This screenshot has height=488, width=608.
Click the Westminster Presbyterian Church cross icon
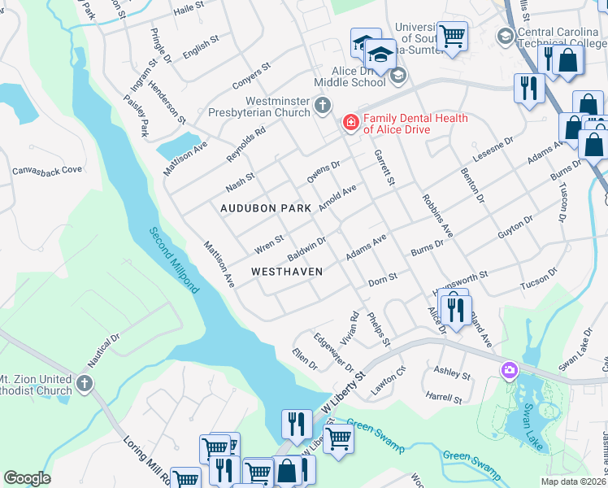(x=323, y=105)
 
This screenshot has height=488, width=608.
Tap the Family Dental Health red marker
(x=351, y=123)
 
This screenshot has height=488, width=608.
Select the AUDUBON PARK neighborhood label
(x=266, y=208)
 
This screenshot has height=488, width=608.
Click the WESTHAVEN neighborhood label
(x=287, y=271)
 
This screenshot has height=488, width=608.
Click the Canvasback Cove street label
(x=47, y=171)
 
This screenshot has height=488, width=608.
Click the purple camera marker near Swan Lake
(x=510, y=370)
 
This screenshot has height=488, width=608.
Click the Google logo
(x=27, y=478)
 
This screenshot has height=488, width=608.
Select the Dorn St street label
(x=382, y=277)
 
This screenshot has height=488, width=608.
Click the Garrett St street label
(x=384, y=167)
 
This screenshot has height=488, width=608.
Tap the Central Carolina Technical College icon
(x=505, y=35)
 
